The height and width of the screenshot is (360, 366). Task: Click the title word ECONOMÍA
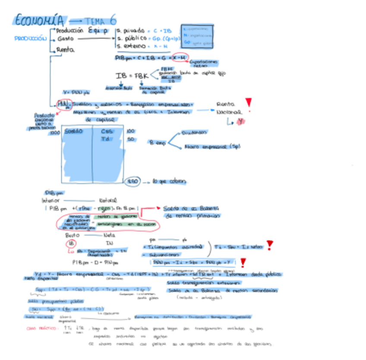point(40,20)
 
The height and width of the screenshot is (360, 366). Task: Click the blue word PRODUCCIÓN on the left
point(30,38)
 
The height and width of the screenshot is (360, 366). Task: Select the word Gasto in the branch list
point(65,39)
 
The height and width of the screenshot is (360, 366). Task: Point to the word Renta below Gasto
point(66,50)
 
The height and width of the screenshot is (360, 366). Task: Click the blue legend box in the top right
point(197,36)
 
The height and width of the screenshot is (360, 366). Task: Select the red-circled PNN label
point(64,104)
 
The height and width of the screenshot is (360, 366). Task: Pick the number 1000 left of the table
point(55,133)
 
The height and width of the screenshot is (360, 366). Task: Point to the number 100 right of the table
point(131,131)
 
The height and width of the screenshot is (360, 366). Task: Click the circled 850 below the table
point(133,182)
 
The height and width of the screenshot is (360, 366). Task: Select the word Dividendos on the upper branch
point(194,132)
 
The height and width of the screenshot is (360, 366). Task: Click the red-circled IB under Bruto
point(70,244)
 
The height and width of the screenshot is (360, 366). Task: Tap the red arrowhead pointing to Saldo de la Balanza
point(159,208)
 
